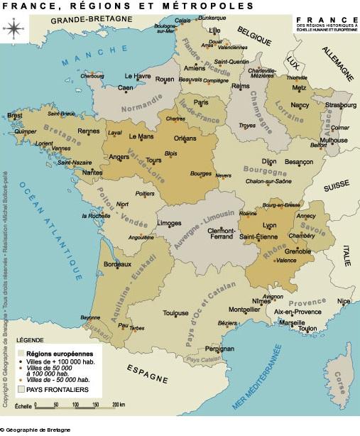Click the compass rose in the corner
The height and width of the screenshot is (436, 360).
pos(12,28)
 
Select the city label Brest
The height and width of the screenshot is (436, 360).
pos(14,115)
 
